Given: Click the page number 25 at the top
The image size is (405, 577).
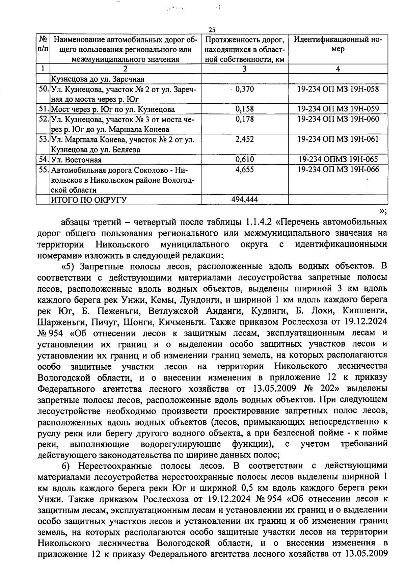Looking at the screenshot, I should [x=212, y=30].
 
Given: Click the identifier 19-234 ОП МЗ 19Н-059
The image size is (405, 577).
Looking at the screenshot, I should [x=338, y=109].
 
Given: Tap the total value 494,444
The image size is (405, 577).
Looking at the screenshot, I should [x=245, y=199].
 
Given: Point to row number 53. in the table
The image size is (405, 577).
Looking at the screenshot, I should [x=43, y=139].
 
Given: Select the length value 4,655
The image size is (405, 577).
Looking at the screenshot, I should [x=245, y=169].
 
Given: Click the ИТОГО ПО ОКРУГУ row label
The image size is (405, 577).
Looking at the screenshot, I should [x=88, y=200].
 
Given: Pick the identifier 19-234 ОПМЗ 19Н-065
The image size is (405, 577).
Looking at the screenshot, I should [x=338, y=159].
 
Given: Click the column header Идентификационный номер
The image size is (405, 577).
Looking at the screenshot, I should [x=338, y=44].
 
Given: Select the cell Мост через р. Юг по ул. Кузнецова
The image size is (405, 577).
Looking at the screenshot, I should [x=113, y=109].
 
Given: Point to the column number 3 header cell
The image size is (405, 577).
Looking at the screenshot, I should [x=245, y=69].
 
